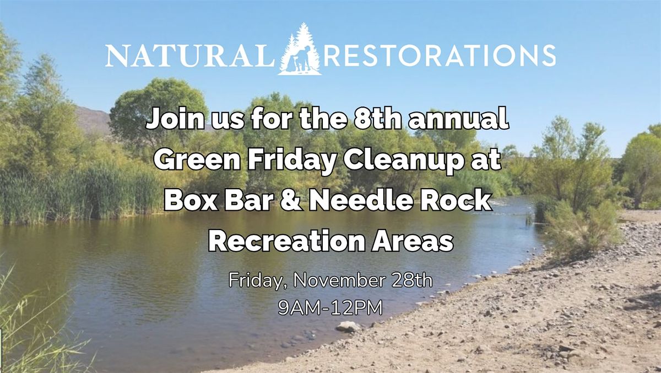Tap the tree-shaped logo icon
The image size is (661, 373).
[x=299, y=50]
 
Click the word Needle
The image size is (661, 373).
[x=364, y=201]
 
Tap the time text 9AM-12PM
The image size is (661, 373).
[x=330, y=308]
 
